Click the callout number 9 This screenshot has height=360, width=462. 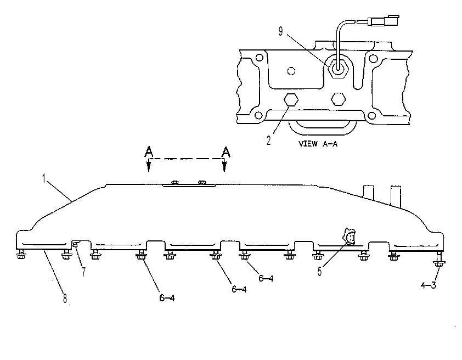(x=280, y=31)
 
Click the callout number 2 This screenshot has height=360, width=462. (x=268, y=140)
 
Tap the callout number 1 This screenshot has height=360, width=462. (x=44, y=178)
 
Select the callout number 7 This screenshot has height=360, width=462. (x=84, y=272)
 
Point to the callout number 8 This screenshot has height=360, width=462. (x=65, y=298)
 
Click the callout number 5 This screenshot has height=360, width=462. (x=320, y=271)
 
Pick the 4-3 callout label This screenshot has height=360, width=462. (x=428, y=285)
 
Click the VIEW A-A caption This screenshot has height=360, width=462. (x=318, y=144)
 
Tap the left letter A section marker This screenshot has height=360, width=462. (x=149, y=152)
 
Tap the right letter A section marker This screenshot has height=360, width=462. (x=226, y=152)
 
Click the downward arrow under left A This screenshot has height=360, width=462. (x=149, y=165)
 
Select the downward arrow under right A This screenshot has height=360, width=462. (x=224, y=165)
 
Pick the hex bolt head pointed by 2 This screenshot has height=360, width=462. (x=291, y=100)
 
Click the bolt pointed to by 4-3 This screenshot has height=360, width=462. (x=439, y=259)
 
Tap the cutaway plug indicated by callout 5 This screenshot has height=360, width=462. (x=350, y=237)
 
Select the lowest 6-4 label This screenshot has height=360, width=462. (x=167, y=298)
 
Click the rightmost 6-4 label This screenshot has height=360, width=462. (x=266, y=278)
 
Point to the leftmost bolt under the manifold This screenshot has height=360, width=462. (x=21, y=254)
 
